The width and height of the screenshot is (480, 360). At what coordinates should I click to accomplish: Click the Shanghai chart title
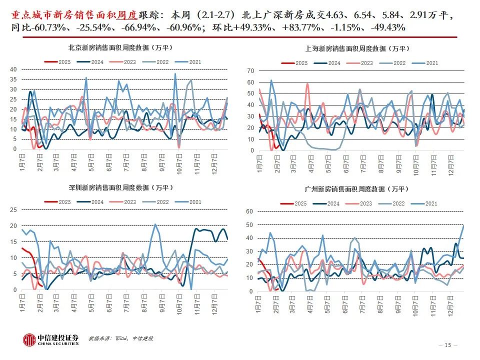pos(357,48)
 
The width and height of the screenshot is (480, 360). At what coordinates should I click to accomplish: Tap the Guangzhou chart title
pos(357,189)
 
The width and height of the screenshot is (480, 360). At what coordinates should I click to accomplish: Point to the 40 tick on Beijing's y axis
pos(13,69)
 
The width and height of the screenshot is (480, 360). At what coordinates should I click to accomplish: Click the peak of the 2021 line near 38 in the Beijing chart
pos(175,74)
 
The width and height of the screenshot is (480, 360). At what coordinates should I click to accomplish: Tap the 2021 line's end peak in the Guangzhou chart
pos(463,225)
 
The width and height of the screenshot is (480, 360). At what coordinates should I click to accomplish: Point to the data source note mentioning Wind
pos(120,338)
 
